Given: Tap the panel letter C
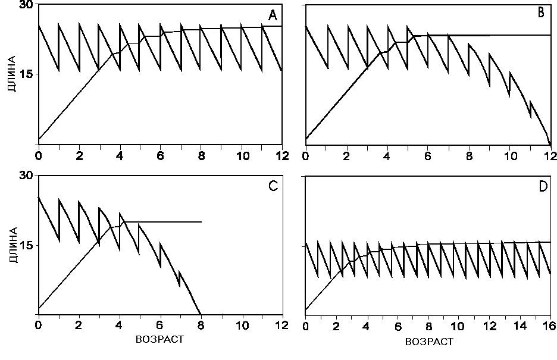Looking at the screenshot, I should [273, 186].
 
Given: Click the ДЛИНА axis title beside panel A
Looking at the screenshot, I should [11, 74].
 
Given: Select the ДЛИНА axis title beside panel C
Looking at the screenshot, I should [11, 245].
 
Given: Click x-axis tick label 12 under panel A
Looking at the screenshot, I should [281, 156].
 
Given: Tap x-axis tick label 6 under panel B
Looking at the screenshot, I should [428, 156].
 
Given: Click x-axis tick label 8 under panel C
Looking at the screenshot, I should [201, 326].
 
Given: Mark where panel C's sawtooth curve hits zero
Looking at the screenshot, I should [201, 314].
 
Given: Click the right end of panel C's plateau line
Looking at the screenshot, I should [201, 222].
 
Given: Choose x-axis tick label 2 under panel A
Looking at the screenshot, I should [79, 156].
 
